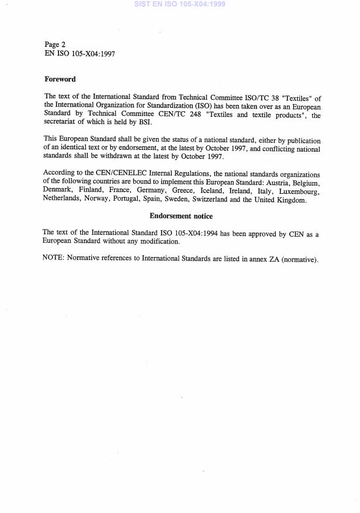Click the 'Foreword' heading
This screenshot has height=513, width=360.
point(60,79)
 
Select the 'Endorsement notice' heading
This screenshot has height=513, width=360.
point(181,216)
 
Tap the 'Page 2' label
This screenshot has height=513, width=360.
point(55,45)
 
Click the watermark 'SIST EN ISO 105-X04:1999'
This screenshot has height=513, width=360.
point(180,4)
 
